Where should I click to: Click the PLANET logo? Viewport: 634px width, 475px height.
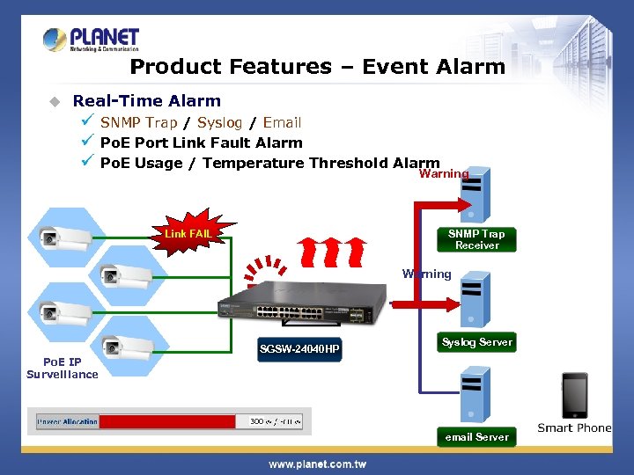[92, 40]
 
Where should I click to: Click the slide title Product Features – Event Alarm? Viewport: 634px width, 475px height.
[317, 67]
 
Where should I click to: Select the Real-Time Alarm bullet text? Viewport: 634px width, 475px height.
[146, 101]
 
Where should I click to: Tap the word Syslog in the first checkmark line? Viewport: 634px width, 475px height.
[219, 122]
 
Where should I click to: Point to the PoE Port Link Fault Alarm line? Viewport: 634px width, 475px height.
[201, 142]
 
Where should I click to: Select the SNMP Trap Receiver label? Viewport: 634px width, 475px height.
[476, 239]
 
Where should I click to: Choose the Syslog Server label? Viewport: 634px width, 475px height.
[476, 342]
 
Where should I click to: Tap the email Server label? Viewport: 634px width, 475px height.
[476, 437]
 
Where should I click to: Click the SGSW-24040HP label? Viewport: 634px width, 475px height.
[299, 349]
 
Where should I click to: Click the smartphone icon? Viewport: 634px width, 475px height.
[575, 396]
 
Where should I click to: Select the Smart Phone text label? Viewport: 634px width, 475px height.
[574, 428]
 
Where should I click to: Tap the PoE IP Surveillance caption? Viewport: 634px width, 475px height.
[63, 368]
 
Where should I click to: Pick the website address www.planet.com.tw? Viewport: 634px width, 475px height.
[317, 464]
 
